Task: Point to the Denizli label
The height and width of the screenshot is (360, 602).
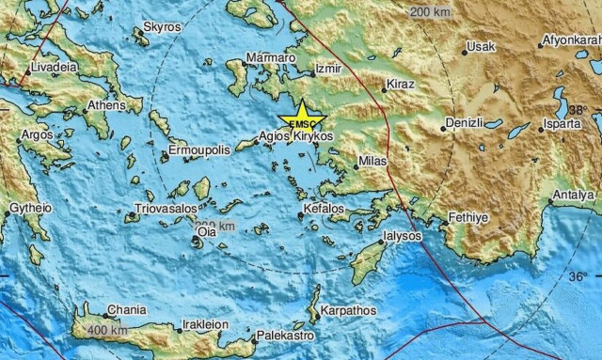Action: [x=465, y=123]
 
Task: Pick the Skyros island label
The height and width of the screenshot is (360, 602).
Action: [x=162, y=28]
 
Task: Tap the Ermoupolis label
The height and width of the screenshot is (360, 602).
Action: [x=198, y=150]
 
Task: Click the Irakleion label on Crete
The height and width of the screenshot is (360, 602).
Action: [x=204, y=324]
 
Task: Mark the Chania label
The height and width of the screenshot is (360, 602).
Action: [x=127, y=308]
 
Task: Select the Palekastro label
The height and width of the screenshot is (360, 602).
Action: [x=283, y=335]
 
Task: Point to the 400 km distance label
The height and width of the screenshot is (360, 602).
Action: [x=106, y=330]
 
